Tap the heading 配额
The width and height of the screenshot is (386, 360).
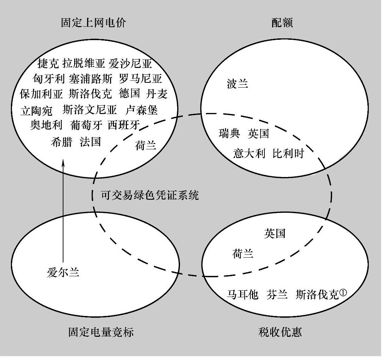(x=282, y=23)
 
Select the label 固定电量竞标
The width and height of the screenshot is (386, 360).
(x=101, y=332)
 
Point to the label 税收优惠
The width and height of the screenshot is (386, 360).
(x=279, y=332)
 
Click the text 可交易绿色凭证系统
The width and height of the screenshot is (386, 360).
(x=150, y=195)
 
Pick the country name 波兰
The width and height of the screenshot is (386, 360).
(x=238, y=84)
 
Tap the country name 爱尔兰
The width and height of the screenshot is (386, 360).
(x=63, y=272)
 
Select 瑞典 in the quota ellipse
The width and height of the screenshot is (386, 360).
(x=229, y=134)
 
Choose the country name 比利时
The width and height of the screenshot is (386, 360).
(x=288, y=154)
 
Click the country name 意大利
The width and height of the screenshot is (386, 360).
(x=249, y=154)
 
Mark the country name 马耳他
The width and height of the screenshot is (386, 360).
(x=243, y=294)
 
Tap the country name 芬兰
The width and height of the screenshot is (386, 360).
(x=278, y=294)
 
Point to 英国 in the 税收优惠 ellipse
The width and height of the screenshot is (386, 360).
(x=275, y=233)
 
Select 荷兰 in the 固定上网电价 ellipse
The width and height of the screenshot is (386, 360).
(x=146, y=145)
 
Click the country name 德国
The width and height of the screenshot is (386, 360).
(x=129, y=94)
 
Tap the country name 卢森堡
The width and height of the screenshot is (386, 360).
(x=141, y=110)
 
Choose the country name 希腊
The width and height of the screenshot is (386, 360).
(x=62, y=142)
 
